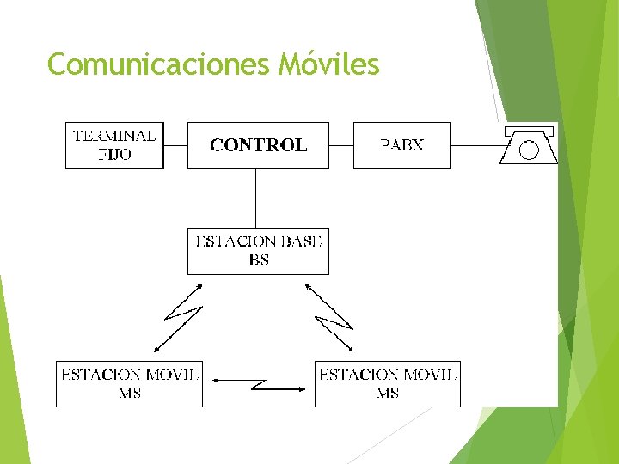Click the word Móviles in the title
pyautogui.click(x=328, y=64)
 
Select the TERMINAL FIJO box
pyautogui.click(x=114, y=145)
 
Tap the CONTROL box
pyautogui.click(x=258, y=145)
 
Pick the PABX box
pyautogui.click(x=401, y=145)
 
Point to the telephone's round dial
pyautogui.click(x=529, y=150)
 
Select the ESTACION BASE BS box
pyautogui.click(x=258, y=250)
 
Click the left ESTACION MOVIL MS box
pyautogui.click(x=130, y=383)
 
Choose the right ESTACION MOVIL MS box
pyautogui.click(x=387, y=383)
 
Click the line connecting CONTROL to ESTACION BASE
pyautogui.click(x=255, y=198)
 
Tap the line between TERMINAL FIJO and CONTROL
pyautogui.click(x=175, y=145)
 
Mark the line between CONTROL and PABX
pyautogui.click(x=341, y=145)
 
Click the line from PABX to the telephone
pyautogui.click(x=475, y=145)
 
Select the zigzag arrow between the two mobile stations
pyautogui.click(x=259, y=383)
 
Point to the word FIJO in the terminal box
pyautogui.click(x=114, y=156)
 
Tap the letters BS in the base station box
pyautogui.click(x=258, y=259)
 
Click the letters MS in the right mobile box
pyautogui.click(x=387, y=394)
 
